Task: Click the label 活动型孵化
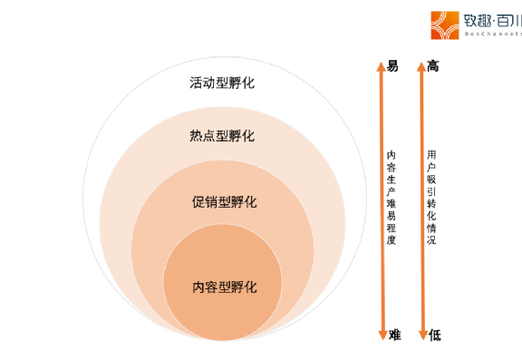pyautogui.click(x=222, y=83)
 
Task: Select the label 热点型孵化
pyautogui.click(x=222, y=136)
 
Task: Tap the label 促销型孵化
pyautogui.click(x=225, y=201)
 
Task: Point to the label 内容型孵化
pyautogui.click(x=225, y=287)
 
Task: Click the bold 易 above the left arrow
pyautogui.click(x=392, y=66)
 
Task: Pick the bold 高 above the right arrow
pyautogui.click(x=434, y=66)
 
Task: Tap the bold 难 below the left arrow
pyautogui.click(x=394, y=335)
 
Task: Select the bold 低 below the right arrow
pyautogui.click(x=435, y=335)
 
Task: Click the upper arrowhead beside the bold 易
pyautogui.click(x=381, y=66)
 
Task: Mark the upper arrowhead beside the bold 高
pyautogui.click(x=421, y=66)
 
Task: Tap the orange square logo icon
pyautogui.click(x=444, y=24)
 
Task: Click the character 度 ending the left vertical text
pyautogui.click(x=391, y=240)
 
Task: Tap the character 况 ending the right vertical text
pyautogui.click(x=432, y=240)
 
